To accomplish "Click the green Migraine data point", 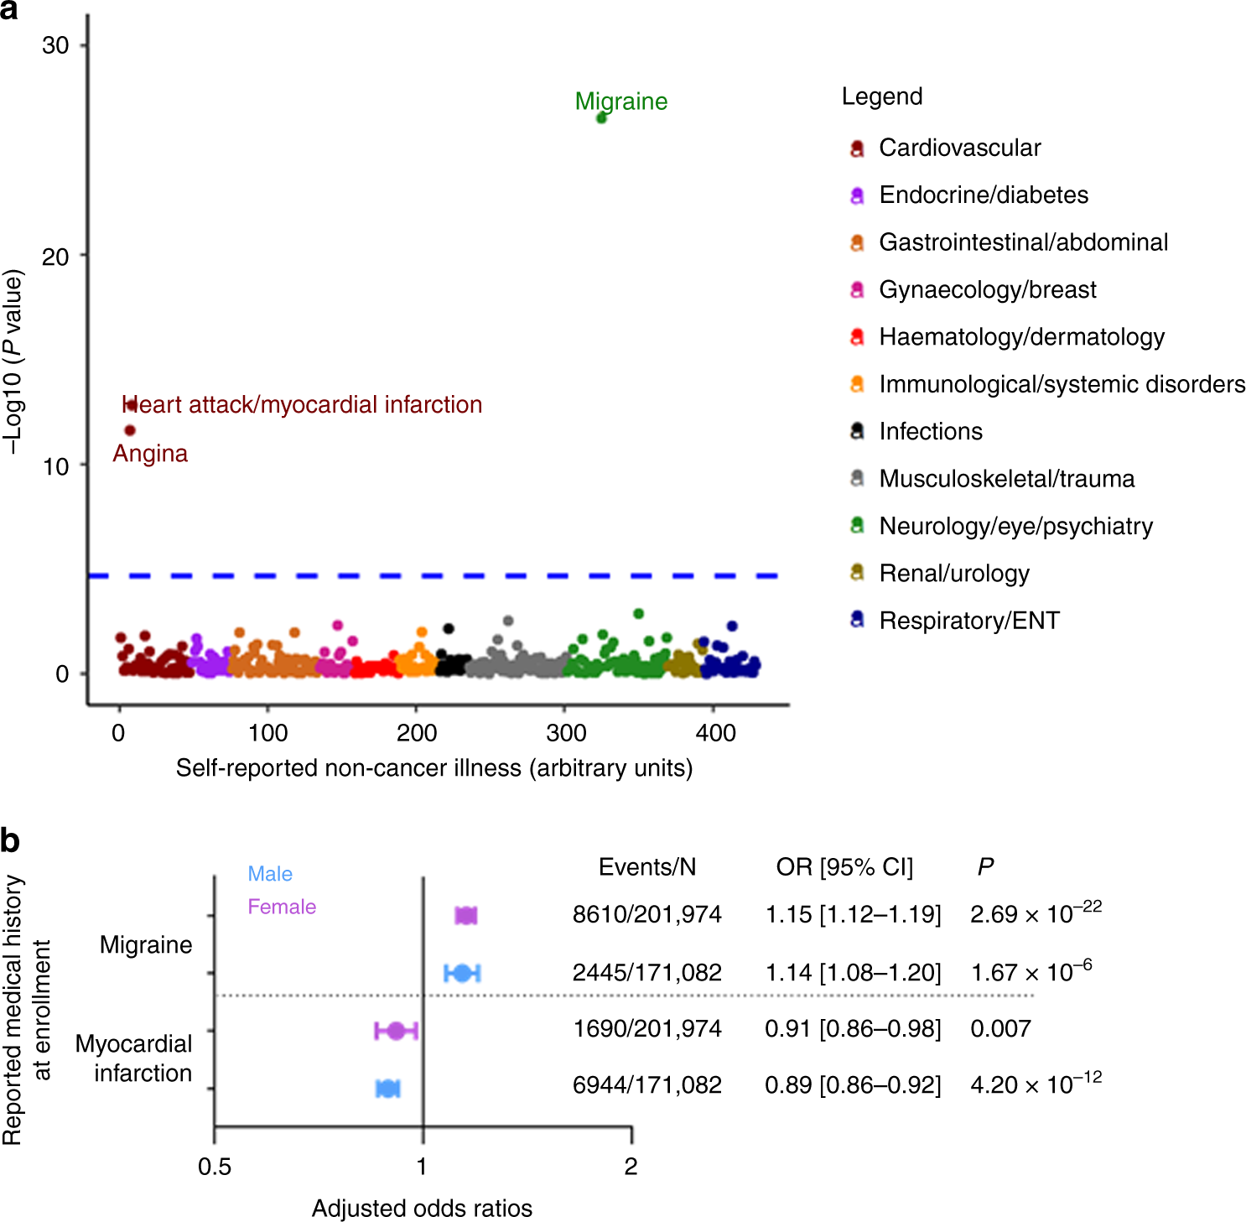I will (x=601, y=118).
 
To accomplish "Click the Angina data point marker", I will (x=130, y=430).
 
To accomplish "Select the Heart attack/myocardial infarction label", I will (x=302, y=405).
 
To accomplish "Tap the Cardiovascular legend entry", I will (x=959, y=148).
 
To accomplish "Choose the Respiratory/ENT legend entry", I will (x=968, y=621).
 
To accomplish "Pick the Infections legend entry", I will (x=930, y=432).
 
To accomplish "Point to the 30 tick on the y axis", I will (x=55, y=45).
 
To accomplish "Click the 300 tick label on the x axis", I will (x=565, y=733).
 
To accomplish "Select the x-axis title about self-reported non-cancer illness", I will (x=434, y=768).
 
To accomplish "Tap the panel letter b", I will (x=10, y=841).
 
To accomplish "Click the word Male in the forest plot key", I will (x=270, y=874).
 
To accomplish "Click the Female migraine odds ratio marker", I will (x=465, y=916).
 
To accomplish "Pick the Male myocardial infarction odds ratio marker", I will (x=387, y=1089).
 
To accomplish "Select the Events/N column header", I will (x=646, y=867).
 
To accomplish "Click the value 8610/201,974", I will (x=646, y=914).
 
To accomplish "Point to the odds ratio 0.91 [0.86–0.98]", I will (x=852, y=1028).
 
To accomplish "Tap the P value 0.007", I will (x=1000, y=1028).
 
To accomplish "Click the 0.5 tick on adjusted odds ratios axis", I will (x=215, y=1167).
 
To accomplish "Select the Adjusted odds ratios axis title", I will (x=422, y=1209).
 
